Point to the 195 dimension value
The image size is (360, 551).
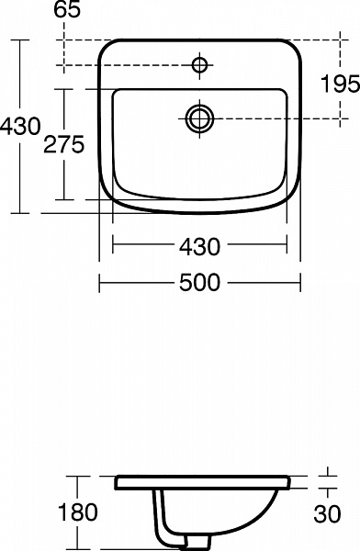[340, 84]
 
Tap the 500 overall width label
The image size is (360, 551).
[199, 283]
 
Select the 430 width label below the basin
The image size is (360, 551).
[199, 246]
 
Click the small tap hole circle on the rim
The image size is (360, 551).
[199, 64]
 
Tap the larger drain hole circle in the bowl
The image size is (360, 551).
[199, 117]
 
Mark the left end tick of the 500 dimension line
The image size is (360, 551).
[99, 283]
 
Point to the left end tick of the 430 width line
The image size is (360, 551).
[112, 246]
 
